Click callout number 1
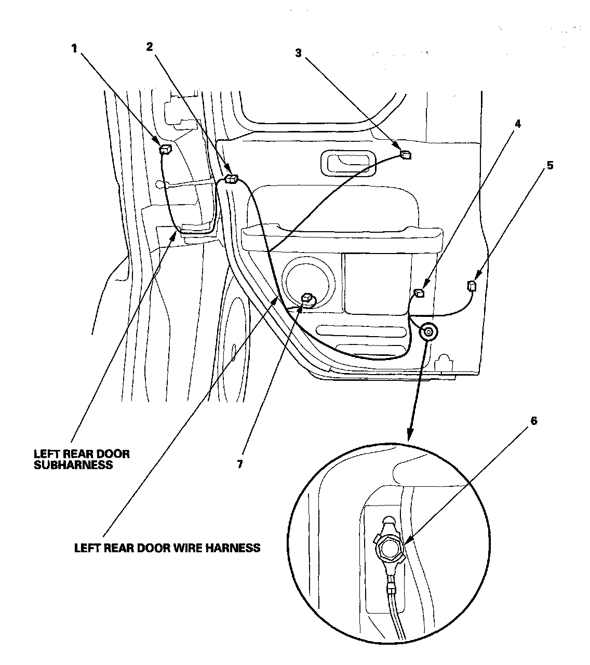pos(74,48)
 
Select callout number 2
pos(150,47)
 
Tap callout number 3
pos(298,54)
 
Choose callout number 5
pos(549,165)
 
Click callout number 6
pos(533,421)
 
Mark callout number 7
pos(239,464)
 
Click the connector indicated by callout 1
pos(165,150)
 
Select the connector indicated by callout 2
pos(231,179)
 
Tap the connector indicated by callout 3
pos(405,153)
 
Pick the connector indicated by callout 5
pos(472,286)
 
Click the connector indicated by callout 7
pos(307,298)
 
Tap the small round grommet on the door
pos(429,330)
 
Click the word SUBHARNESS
pos(73,465)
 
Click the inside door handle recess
pos(346,162)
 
